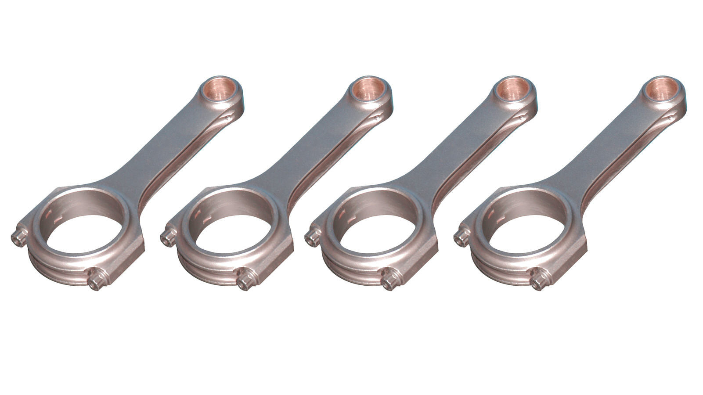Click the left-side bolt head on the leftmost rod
[x=19, y=238]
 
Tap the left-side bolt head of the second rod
[x=168, y=238]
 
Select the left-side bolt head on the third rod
[x=312, y=238]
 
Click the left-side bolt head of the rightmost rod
[x=461, y=238]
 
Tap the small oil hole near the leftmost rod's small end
[x=228, y=118]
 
